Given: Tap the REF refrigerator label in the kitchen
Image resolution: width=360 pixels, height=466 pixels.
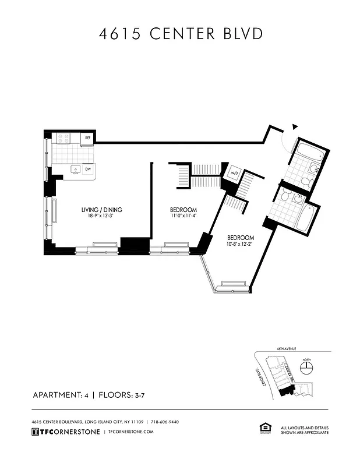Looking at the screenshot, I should (x=87, y=138).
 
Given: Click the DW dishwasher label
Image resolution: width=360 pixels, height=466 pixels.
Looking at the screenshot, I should (x=88, y=170).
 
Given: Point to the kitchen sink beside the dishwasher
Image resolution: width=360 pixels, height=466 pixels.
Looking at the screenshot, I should (x=76, y=170).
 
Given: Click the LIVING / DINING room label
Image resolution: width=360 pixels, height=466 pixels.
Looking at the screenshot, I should (x=101, y=210).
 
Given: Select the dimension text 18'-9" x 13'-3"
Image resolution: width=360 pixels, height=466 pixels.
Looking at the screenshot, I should (x=101, y=216).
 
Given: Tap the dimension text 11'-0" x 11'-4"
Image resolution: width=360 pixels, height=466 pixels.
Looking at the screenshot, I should (x=183, y=216).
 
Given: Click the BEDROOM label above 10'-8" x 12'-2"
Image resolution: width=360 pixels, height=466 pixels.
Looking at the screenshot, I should (x=241, y=238).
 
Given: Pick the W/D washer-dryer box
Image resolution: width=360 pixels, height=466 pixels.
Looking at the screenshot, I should (x=234, y=173).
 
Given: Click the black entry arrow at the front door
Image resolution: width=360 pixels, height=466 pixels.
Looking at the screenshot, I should (x=295, y=126).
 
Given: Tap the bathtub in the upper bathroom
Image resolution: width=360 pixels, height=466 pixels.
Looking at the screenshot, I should (x=307, y=153).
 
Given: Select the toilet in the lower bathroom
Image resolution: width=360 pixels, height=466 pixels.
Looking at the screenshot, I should (x=285, y=197).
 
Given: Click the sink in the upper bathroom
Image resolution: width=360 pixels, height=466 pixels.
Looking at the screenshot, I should (x=313, y=169).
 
